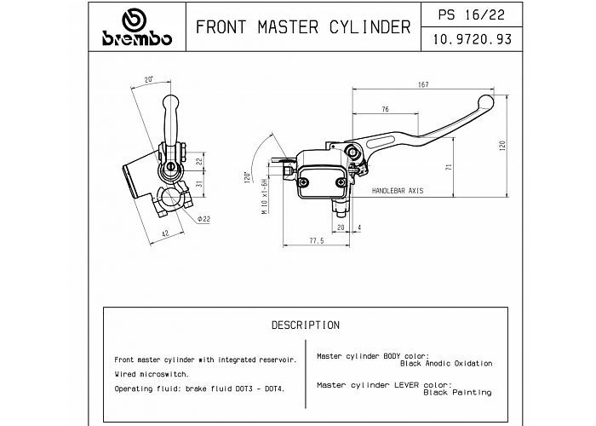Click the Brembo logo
pyautogui.click(x=137, y=27)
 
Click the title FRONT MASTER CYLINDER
pyautogui.click(x=303, y=27)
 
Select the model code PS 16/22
pyautogui.click(x=472, y=14)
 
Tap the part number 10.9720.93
pyautogui.click(x=472, y=39)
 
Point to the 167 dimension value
pyautogui.click(x=423, y=84)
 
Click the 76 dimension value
pyautogui.click(x=385, y=110)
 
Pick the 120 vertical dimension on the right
pyautogui.click(x=502, y=146)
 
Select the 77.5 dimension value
pyautogui.click(x=317, y=241)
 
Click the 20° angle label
pyautogui.click(x=149, y=79)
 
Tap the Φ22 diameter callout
pyautogui.click(x=203, y=219)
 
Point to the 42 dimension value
pyautogui.click(x=165, y=233)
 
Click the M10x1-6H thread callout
pyautogui.click(x=265, y=196)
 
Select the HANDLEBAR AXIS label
pyautogui.click(x=398, y=191)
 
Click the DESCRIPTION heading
pyautogui.click(x=306, y=325)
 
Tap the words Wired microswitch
pyautogui.click(x=152, y=374)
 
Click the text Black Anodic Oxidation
pyautogui.click(x=446, y=364)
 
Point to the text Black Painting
pyautogui.click(x=458, y=393)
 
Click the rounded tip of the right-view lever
pyautogui.click(x=486, y=102)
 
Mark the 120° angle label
pyautogui.click(x=248, y=177)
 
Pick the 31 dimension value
pyautogui.click(x=199, y=184)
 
